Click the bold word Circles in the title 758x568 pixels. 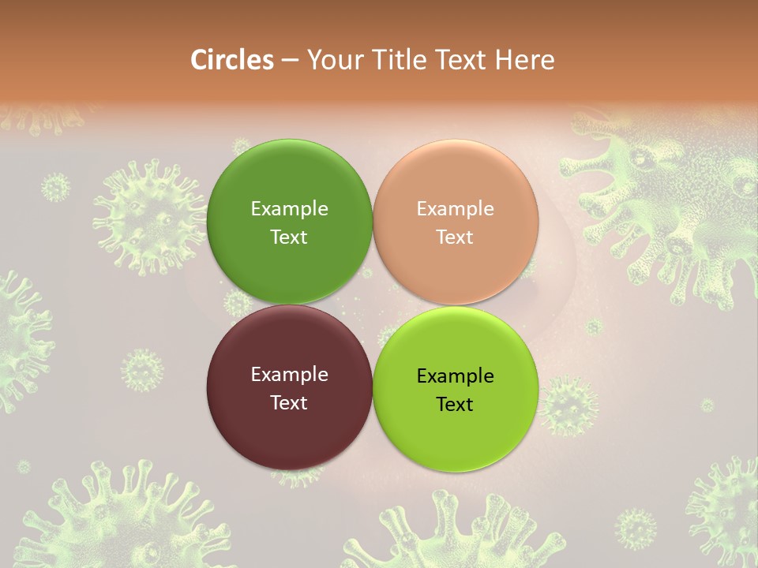point(232,60)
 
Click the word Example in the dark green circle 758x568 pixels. point(289,209)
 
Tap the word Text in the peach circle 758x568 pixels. point(455,237)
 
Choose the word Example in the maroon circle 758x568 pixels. point(289,375)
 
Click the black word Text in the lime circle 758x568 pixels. point(455,405)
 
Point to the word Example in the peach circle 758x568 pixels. point(455,209)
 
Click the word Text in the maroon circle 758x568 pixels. point(289,403)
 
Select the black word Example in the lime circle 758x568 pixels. point(455,376)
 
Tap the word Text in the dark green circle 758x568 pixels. point(289,237)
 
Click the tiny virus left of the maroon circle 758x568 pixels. point(142,370)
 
